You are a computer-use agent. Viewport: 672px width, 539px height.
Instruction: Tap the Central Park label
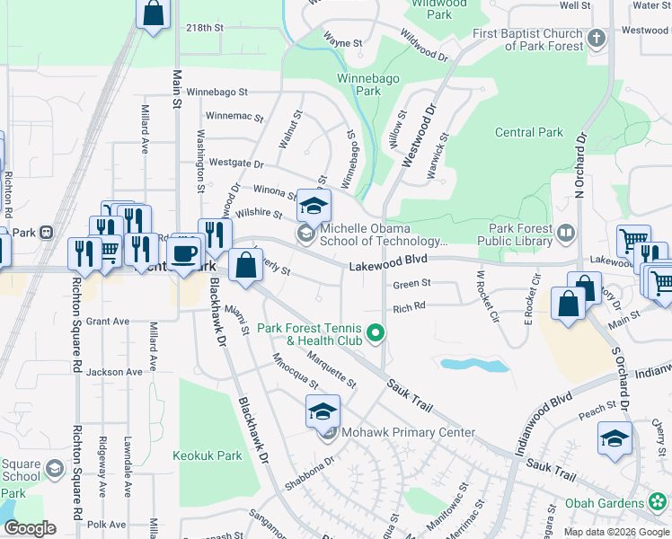(x=529, y=132)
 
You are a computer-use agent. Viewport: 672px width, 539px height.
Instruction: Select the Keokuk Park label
(x=208, y=455)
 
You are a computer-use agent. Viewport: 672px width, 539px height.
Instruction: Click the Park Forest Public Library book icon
(x=565, y=234)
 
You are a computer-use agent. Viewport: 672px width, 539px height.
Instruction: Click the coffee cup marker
(x=185, y=252)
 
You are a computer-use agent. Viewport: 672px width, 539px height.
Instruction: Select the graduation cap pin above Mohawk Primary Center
(x=323, y=411)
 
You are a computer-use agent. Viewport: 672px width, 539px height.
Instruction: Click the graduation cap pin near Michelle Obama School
(x=314, y=207)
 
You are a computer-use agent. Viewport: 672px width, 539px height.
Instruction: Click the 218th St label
(x=204, y=28)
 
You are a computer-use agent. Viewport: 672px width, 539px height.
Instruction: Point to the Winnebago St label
(x=217, y=92)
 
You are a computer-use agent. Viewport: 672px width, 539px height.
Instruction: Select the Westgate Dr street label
(x=236, y=163)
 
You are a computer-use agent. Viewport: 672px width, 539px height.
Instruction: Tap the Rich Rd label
(x=408, y=307)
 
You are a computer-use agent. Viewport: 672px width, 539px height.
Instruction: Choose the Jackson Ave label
(x=115, y=371)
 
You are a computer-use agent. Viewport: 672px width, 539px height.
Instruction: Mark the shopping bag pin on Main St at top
(x=154, y=13)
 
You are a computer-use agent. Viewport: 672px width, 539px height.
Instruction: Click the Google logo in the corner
(x=31, y=528)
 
